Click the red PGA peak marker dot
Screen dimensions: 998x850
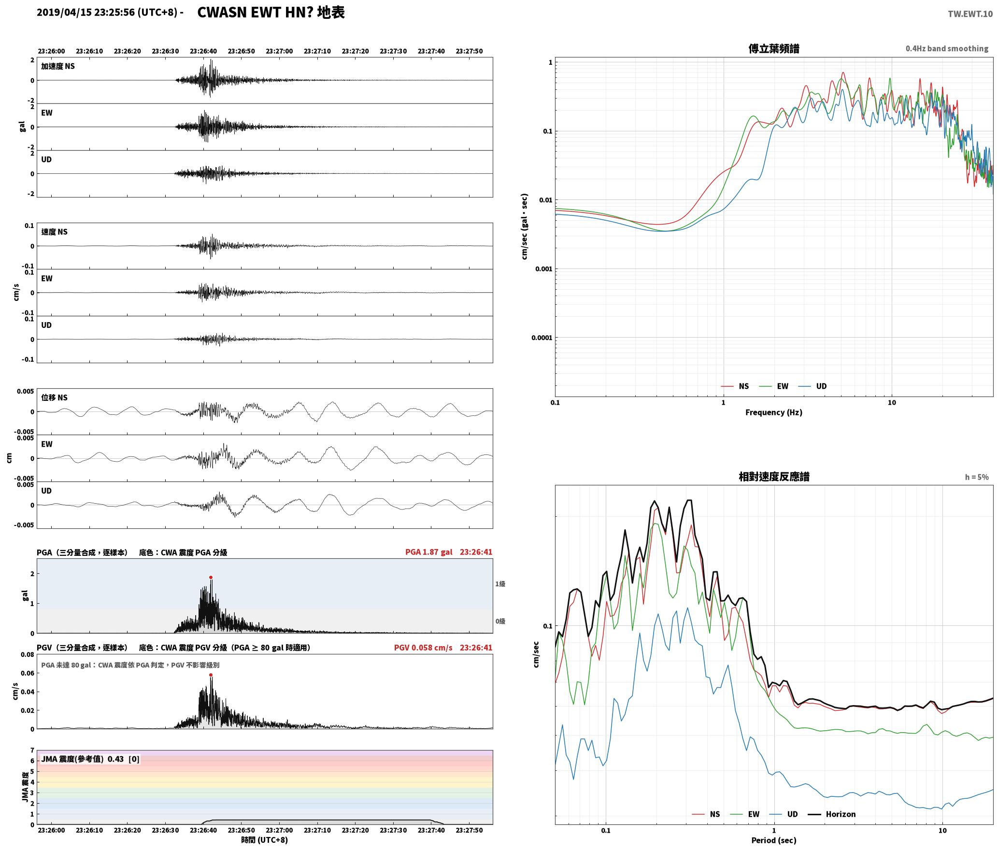tap(211, 577)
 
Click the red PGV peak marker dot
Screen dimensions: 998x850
tap(211, 675)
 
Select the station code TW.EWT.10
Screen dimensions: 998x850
tap(970, 14)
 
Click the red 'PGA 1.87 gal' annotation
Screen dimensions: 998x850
tap(429, 552)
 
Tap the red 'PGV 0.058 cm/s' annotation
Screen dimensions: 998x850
tap(423, 648)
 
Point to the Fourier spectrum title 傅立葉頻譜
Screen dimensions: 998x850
tap(773, 48)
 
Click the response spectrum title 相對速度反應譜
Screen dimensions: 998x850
tap(774, 477)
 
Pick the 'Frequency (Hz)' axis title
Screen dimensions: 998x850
tap(773, 412)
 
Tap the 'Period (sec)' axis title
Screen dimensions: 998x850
tap(773, 840)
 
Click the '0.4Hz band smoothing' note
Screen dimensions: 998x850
tap(947, 48)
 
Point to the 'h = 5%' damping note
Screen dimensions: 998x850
tap(977, 477)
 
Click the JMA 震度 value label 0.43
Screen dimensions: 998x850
tap(115, 759)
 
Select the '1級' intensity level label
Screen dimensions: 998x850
tap(500, 584)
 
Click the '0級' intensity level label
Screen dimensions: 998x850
tap(500, 621)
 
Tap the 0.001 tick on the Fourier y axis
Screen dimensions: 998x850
tap(543, 269)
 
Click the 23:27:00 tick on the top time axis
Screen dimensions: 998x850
tap(279, 51)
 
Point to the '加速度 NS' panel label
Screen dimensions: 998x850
tap(58, 66)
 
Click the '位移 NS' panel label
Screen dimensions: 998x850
tap(54, 397)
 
